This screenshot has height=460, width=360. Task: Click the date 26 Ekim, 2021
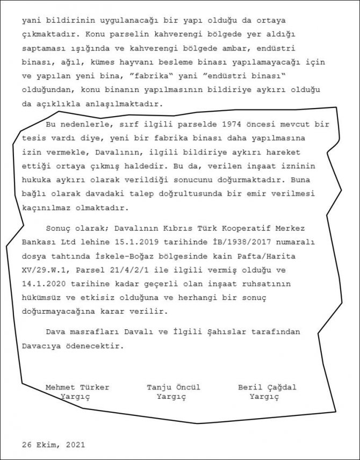pyautogui.click(x=53, y=445)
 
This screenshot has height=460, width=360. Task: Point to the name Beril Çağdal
pyautogui.click(x=267, y=387)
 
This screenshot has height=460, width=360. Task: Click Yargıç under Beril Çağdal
pyautogui.click(x=265, y=397)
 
